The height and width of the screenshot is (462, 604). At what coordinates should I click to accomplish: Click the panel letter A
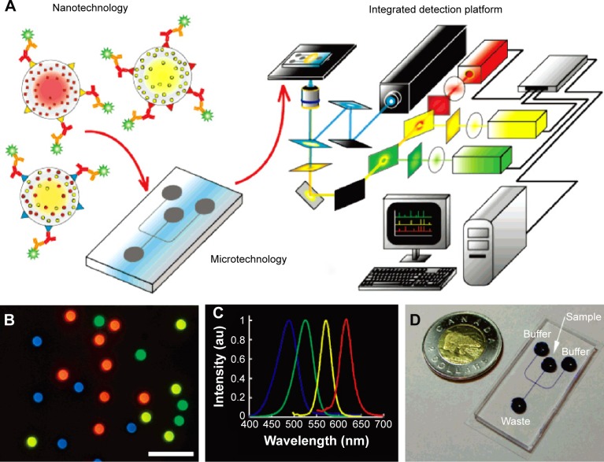point(11,9)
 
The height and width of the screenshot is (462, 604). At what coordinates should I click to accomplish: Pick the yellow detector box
point(517,125)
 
